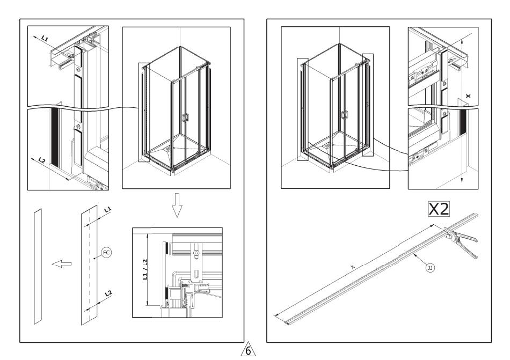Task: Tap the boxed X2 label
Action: click(438, 209)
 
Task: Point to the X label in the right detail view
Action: click(468, 95)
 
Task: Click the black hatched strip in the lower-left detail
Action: click(54, 137)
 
